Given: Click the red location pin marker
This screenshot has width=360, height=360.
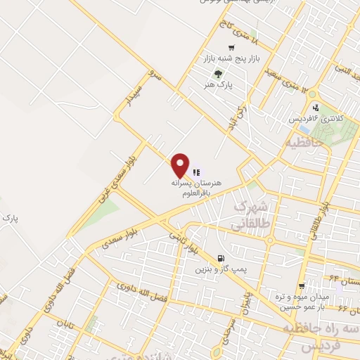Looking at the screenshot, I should (x=181, y=165).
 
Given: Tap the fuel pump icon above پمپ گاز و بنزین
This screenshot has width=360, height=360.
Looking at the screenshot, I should (x=222, y=258).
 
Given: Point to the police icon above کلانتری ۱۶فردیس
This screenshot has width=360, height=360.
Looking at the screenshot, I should (x=316, y=108).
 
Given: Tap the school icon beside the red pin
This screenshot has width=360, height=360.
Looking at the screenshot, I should (x=195, y=172).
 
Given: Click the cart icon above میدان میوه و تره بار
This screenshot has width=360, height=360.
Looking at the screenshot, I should (x=302, y=285).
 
